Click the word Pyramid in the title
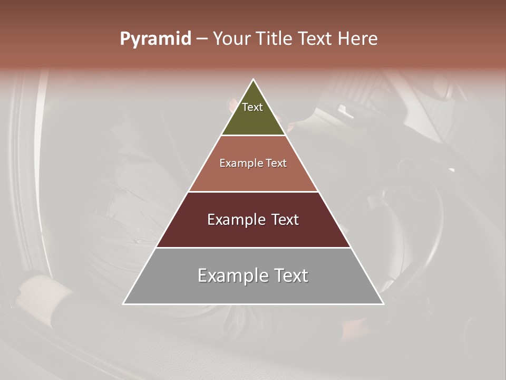pos(155,39)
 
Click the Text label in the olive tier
pos(252,107)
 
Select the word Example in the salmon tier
pos(240,163)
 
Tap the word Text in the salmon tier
pos(275,163)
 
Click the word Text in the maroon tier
pos(285,220)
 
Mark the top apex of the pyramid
pos(254,80)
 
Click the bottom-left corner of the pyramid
pos(124,303)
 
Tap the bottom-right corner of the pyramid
pos(383,303)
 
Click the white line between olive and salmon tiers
pos(254,136)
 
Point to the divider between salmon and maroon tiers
pos(254,192)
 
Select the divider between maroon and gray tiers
pos(254,248)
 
